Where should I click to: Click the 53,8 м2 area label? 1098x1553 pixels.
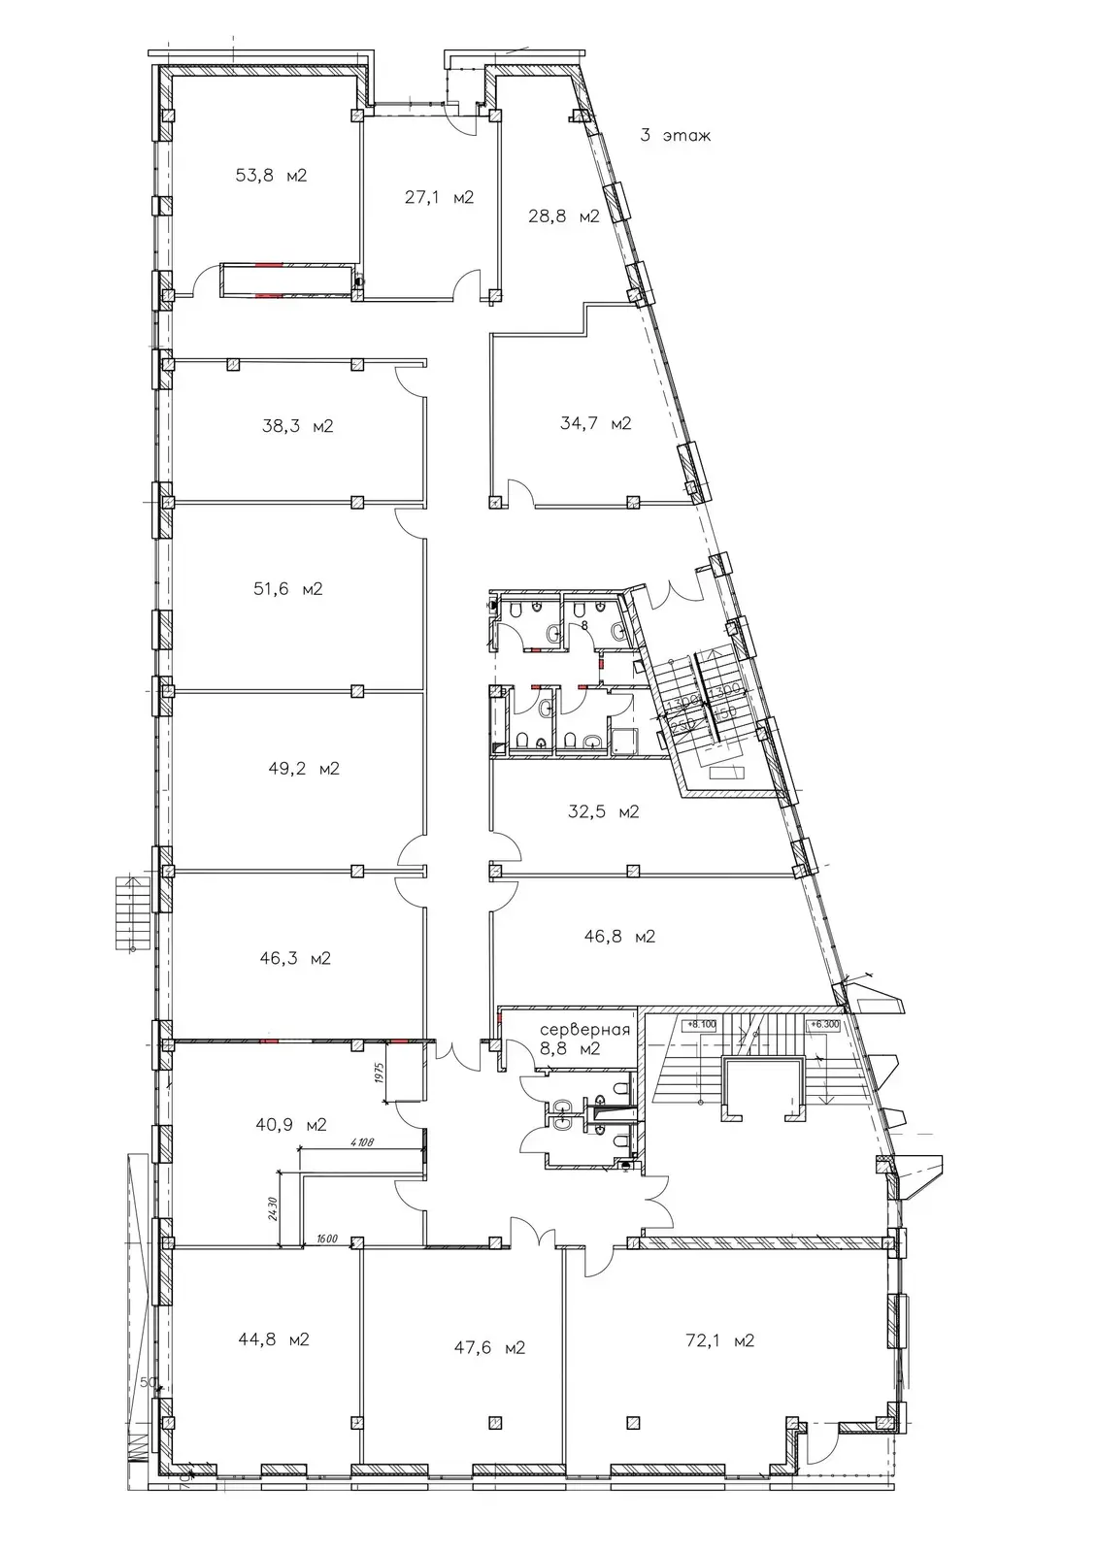pos(271,176)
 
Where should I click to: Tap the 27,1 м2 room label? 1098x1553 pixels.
pos(439,198)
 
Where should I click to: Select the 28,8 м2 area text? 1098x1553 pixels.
pos(564,216)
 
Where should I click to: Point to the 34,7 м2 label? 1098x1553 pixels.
pos(596,423)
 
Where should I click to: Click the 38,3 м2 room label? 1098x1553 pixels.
pos(298,426)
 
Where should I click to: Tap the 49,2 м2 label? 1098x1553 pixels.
pos(304,769)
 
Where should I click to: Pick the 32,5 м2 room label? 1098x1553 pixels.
pos(603,811)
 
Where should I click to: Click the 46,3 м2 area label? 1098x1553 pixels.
pos(295,958)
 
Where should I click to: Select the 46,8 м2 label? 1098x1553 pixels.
pos(619,937)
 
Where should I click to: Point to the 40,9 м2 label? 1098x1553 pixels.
pos(290,1125)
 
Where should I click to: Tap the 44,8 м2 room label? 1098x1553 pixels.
pos(273,1340)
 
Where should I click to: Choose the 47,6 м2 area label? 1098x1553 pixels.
pos(489,1347)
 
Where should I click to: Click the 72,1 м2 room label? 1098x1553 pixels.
pos(718,1341)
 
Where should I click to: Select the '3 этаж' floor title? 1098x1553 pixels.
pos(675,136)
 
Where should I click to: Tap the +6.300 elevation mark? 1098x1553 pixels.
pos(824,1023)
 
